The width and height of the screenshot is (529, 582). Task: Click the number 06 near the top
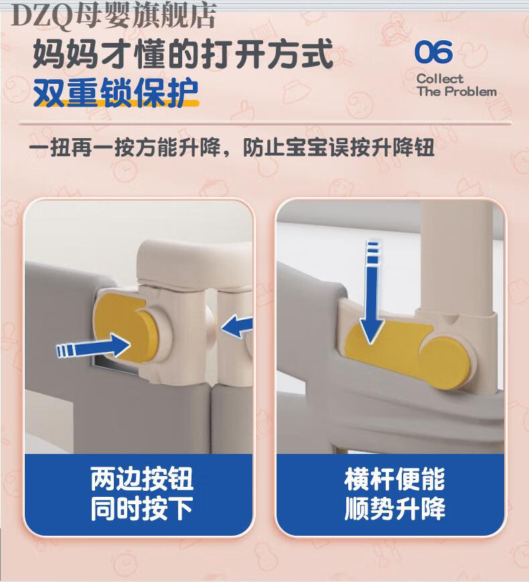pos(433,52)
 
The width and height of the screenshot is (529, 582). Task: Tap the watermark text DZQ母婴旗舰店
pos(114,16)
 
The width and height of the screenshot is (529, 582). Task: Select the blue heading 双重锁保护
pos(116,92)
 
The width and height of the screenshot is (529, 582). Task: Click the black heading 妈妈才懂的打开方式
pos(183,54)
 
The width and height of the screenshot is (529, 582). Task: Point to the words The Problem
pos(457,91)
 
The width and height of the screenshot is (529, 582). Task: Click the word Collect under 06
pos(440,78)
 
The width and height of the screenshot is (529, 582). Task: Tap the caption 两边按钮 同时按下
pos(141,493)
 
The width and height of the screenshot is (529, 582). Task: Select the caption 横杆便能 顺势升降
pos(395,493)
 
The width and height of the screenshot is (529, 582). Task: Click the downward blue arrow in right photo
pos(372,292)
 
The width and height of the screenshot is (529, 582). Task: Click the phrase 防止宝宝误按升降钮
pos(338,148)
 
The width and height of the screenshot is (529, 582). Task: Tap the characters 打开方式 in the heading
pos(267,54)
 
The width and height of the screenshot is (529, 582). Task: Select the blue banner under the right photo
pos(391,493)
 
